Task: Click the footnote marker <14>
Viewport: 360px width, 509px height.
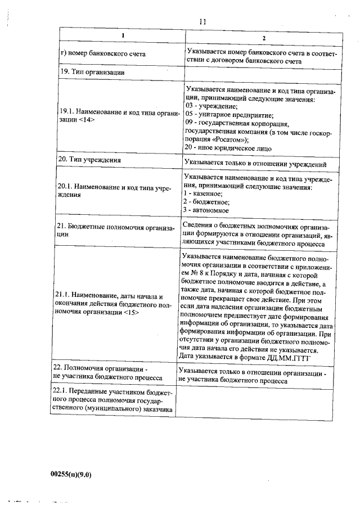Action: coord(85,120)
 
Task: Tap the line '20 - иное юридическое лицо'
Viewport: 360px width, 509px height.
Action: coord(228,148)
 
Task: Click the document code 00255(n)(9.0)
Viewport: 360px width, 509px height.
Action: coord(71,474)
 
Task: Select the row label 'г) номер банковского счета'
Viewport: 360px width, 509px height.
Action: coord(102,54)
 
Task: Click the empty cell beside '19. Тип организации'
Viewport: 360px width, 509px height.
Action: coord(263,72)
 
